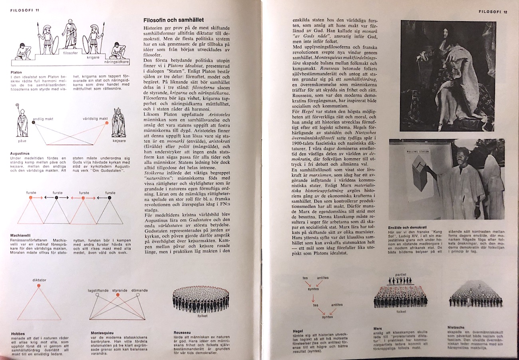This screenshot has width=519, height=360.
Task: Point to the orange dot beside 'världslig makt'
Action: pyautogui.click(x=106, y=123)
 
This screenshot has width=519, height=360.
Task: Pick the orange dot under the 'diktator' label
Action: pyautogui.click(x=39, y=286)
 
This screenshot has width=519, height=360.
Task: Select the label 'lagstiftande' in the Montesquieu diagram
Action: pyautogui.click(x=98, y=290)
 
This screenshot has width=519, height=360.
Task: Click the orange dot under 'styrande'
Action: pyautogui.click(x=117, y=295)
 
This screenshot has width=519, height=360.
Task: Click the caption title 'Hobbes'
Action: pyautogui.click(x=18, y=334)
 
